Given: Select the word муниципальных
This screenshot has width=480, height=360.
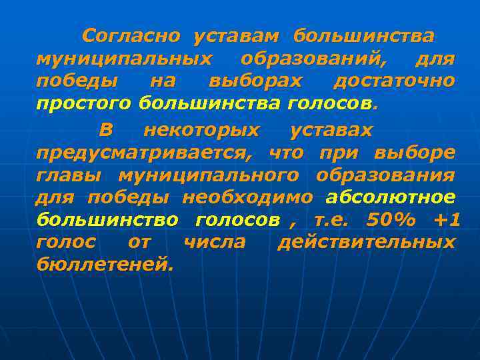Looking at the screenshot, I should click(x=125, y=59).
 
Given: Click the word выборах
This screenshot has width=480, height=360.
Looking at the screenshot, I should click(x=255, y=82).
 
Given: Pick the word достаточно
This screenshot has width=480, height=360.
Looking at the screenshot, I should click(x=395, y=82).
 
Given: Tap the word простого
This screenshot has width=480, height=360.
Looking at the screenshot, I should click(x=85, y=105).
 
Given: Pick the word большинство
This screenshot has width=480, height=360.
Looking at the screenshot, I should click(x=107, y=220).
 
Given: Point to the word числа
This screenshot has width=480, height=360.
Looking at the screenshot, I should click(x=214, y=242).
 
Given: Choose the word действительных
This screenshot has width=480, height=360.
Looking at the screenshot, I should click(x=366, y=242).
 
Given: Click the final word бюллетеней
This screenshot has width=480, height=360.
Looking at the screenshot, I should click(x=105, y=265).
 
